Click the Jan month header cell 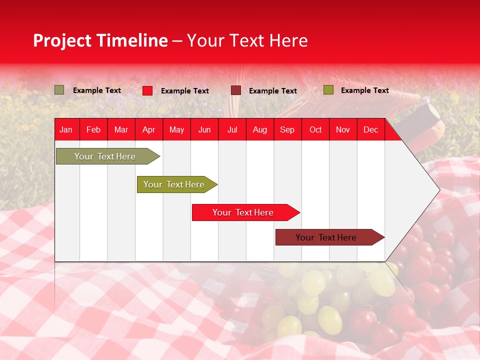[x=66, y=129]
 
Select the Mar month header [x=121, y=129]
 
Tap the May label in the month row [x=176, y=129]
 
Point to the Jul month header [x=232, y=129]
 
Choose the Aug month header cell [x=259, y=129]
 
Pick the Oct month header [x=315, y=129]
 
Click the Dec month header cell [x=370, y=129]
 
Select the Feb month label [x=93, y=129]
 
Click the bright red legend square [x=147, y=90]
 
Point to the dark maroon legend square [x=236, y=90]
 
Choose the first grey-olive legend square [x=59, y=90]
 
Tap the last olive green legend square [x=328, y=90]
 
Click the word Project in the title [x=62, y=40]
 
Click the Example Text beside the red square [x=185, y=91]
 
